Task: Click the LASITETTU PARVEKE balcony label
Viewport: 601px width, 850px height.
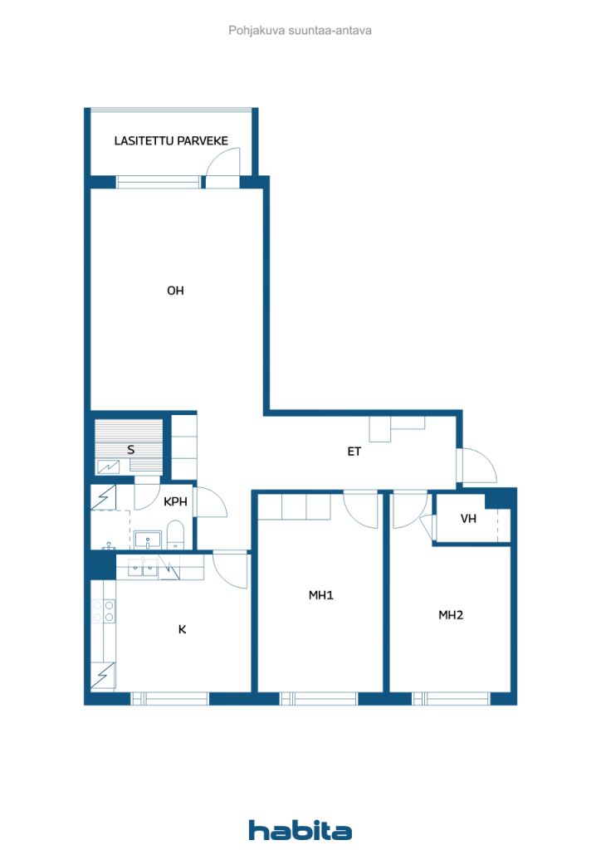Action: (171, 141)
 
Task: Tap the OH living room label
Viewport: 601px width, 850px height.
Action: (175, 291)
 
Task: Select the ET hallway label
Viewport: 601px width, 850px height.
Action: (354, 451)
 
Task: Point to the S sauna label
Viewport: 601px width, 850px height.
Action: (130, 449)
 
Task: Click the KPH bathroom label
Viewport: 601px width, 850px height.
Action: (175, 501)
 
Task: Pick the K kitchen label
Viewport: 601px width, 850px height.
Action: (182, 629)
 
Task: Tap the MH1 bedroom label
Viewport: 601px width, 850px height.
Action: (320, 595)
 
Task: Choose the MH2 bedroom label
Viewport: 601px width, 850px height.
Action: (451, 615)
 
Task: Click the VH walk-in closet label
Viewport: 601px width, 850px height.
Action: (468, 519)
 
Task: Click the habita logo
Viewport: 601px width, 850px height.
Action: (300, 830)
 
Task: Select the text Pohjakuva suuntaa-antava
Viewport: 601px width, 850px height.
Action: (300, 31)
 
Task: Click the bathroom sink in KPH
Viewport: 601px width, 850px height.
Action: (148, 540)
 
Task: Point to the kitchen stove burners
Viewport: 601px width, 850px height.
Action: (103, 611)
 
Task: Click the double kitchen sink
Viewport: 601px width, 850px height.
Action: (143, 567)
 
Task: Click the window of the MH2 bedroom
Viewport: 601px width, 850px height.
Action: (452, 699)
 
